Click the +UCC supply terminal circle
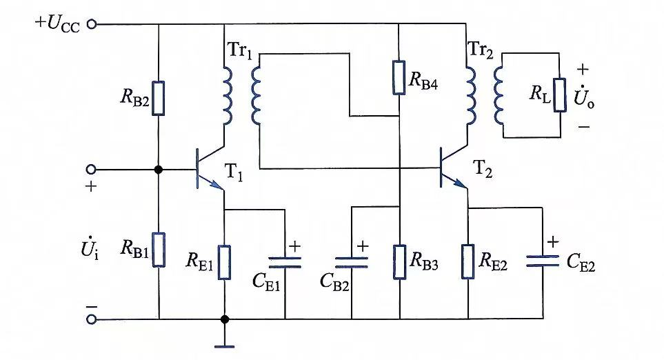(x=91, y=24)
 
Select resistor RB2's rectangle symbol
(x=159, y=98)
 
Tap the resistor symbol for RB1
(x=159, y=250)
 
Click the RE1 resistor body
(x=225, y=263)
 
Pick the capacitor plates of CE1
(x=285, y=262)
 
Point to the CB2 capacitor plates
(x=352, y=263)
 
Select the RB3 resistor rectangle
(x=399, y=262)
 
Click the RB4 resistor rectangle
(x=399, y=77)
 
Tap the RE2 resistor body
(x=468, y=262)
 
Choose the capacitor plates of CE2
(x=543, y=261)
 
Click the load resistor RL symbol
(x=560, y=95)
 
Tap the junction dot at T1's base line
(x=159, y=170)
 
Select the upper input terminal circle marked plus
(x=91, y=170)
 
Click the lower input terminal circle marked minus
(x=92, y=319)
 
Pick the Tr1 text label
(x=240, y=50)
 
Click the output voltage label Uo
(x=583, y=97)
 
